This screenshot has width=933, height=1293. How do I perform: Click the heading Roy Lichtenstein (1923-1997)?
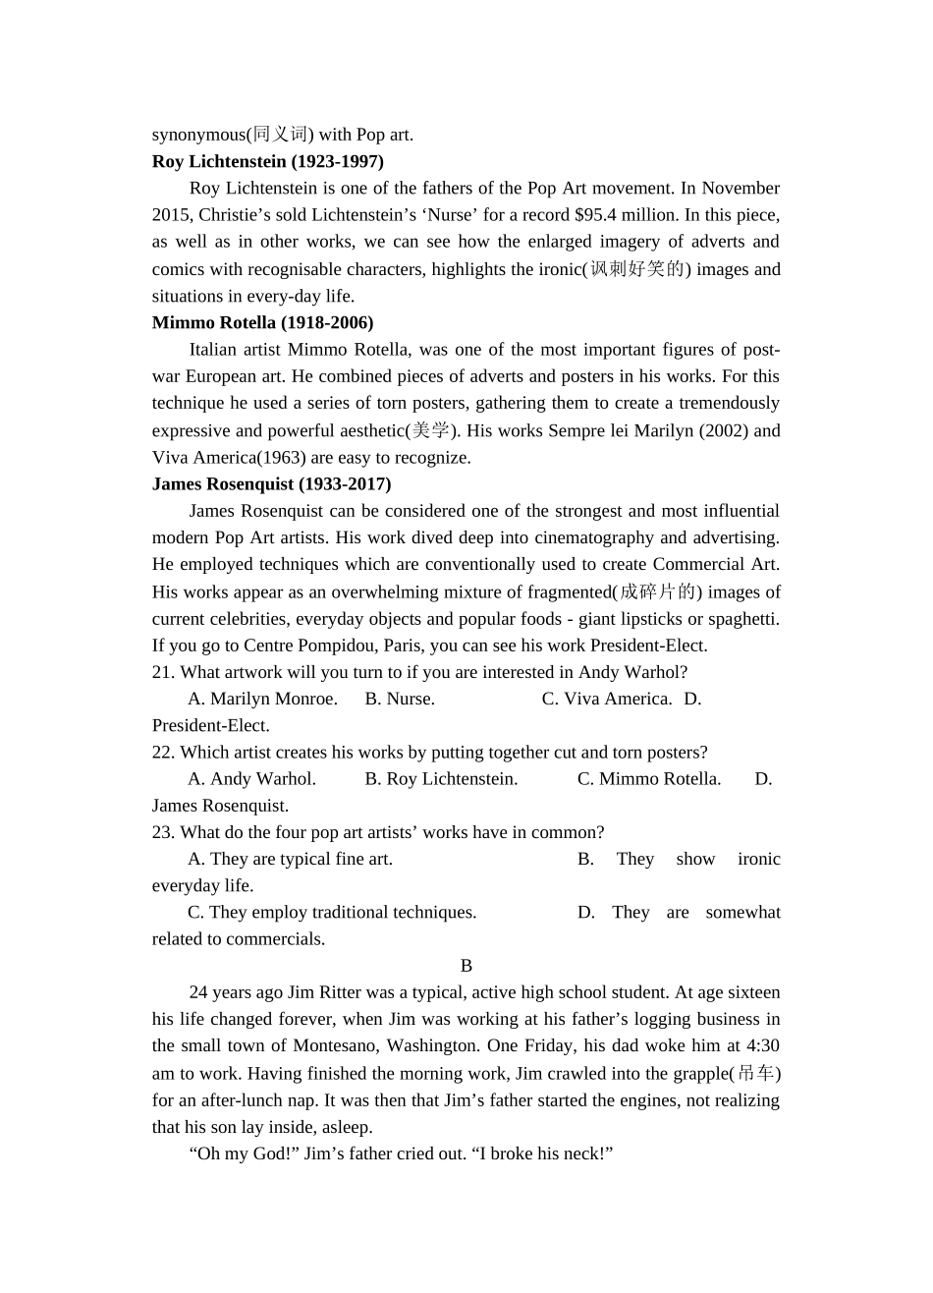(267, 161)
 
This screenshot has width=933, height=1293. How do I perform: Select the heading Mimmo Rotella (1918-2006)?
(262, 322)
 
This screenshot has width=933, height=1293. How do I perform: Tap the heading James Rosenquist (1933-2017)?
(271, 483)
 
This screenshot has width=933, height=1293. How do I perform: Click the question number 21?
(163, 672)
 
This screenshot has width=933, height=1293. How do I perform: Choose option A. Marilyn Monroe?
(262, 699)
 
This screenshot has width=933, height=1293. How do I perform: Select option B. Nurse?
(400, 699)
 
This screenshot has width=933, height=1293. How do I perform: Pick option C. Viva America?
(607, 699)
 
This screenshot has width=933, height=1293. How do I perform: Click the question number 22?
(163, 753)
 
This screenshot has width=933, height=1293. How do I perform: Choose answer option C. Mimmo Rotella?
(649, 779)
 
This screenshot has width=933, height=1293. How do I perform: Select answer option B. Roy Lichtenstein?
(441, 779)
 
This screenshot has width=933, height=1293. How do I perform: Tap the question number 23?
(163, 832)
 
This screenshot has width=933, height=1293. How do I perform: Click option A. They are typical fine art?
(290, 859)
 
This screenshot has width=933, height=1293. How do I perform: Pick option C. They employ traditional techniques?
(332, 912)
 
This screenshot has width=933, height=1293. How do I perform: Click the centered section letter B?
(466, 966)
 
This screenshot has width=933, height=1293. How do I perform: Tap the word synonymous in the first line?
(197, 135)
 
